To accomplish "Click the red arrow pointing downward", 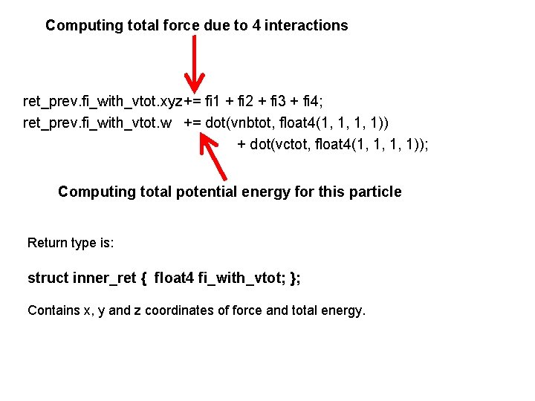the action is click(x=194, y=64).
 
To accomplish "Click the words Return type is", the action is click(x=71, y=243).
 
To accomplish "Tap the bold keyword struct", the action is click(x=48, y=278).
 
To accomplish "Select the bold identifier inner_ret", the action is click(x=105, y=278).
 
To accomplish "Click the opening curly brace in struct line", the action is click(x=143, y=278).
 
